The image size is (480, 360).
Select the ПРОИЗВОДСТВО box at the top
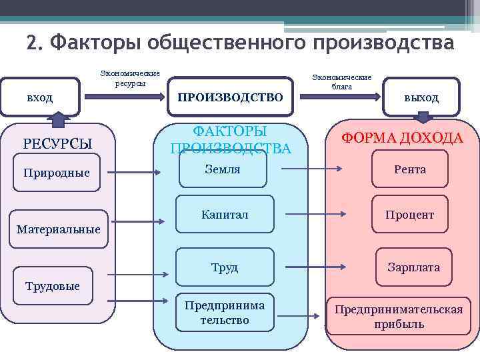click(229, 97)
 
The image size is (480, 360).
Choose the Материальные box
click(59, 229)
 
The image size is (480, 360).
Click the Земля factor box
click(222, 169)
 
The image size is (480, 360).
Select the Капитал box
click(225, 215)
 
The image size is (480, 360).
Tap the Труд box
click(225, 267)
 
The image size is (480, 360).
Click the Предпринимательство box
click(225, 313)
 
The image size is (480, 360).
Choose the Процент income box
click(409, 215)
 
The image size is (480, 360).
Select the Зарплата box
click(413, 267)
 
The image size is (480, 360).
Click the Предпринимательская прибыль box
click(399, 317)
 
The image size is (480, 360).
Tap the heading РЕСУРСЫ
click(57, 143)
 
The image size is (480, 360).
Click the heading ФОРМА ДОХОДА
click(402, 138)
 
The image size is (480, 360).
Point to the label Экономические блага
click(341, 82)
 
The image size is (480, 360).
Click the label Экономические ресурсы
click(130, 79)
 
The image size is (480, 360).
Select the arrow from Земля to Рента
click(313, 169)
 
